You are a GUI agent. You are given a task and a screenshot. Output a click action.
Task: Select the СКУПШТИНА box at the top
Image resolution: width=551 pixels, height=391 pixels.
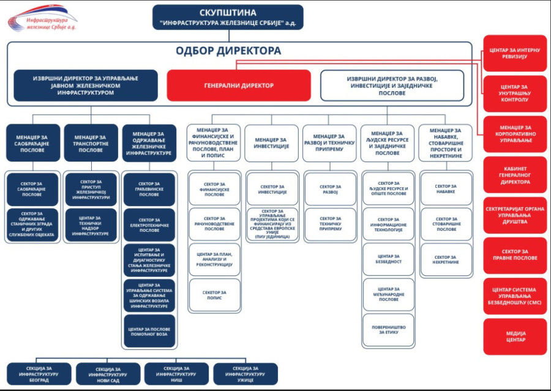(x=228, y=18)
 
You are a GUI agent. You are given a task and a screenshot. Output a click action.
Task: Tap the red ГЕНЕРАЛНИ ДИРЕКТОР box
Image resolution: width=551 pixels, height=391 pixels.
(x=239, y=85)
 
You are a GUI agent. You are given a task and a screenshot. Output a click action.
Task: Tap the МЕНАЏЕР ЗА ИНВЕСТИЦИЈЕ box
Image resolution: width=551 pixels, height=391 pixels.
(x=271, y=143)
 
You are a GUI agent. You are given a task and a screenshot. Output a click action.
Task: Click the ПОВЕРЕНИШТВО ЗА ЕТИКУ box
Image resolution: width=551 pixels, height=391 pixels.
(x=388, y=329)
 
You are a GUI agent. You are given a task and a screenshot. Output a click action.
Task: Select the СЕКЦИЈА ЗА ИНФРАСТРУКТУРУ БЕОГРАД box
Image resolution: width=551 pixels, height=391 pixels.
(x=39, y=373)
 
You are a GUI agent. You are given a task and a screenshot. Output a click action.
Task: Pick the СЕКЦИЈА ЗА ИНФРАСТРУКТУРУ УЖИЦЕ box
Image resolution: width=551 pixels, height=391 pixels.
(x=245, y=373)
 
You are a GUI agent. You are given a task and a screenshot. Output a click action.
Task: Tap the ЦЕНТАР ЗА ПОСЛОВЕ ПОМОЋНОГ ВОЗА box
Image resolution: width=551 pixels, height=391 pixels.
(x=149, y=330)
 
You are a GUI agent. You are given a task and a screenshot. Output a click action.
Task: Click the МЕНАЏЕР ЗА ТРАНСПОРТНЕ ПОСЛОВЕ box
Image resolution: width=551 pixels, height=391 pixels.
(x=91, y=143)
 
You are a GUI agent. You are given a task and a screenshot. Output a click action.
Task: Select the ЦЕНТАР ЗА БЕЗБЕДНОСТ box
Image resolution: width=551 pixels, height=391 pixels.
(x=388, y=258)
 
